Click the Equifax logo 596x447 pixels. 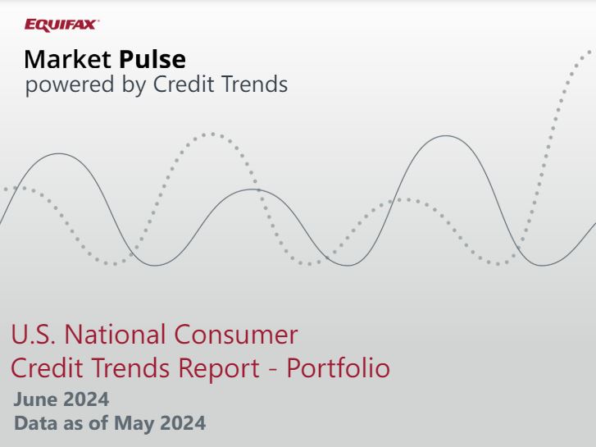tap(61, 25)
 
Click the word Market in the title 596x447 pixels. tap(69, 60)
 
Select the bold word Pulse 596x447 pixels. tap(152, 60)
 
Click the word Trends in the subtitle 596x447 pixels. tap(256, 84)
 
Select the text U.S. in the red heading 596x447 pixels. tap(33, 335)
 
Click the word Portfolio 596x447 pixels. tap(338, 369)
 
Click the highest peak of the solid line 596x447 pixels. tap(447, 136)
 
